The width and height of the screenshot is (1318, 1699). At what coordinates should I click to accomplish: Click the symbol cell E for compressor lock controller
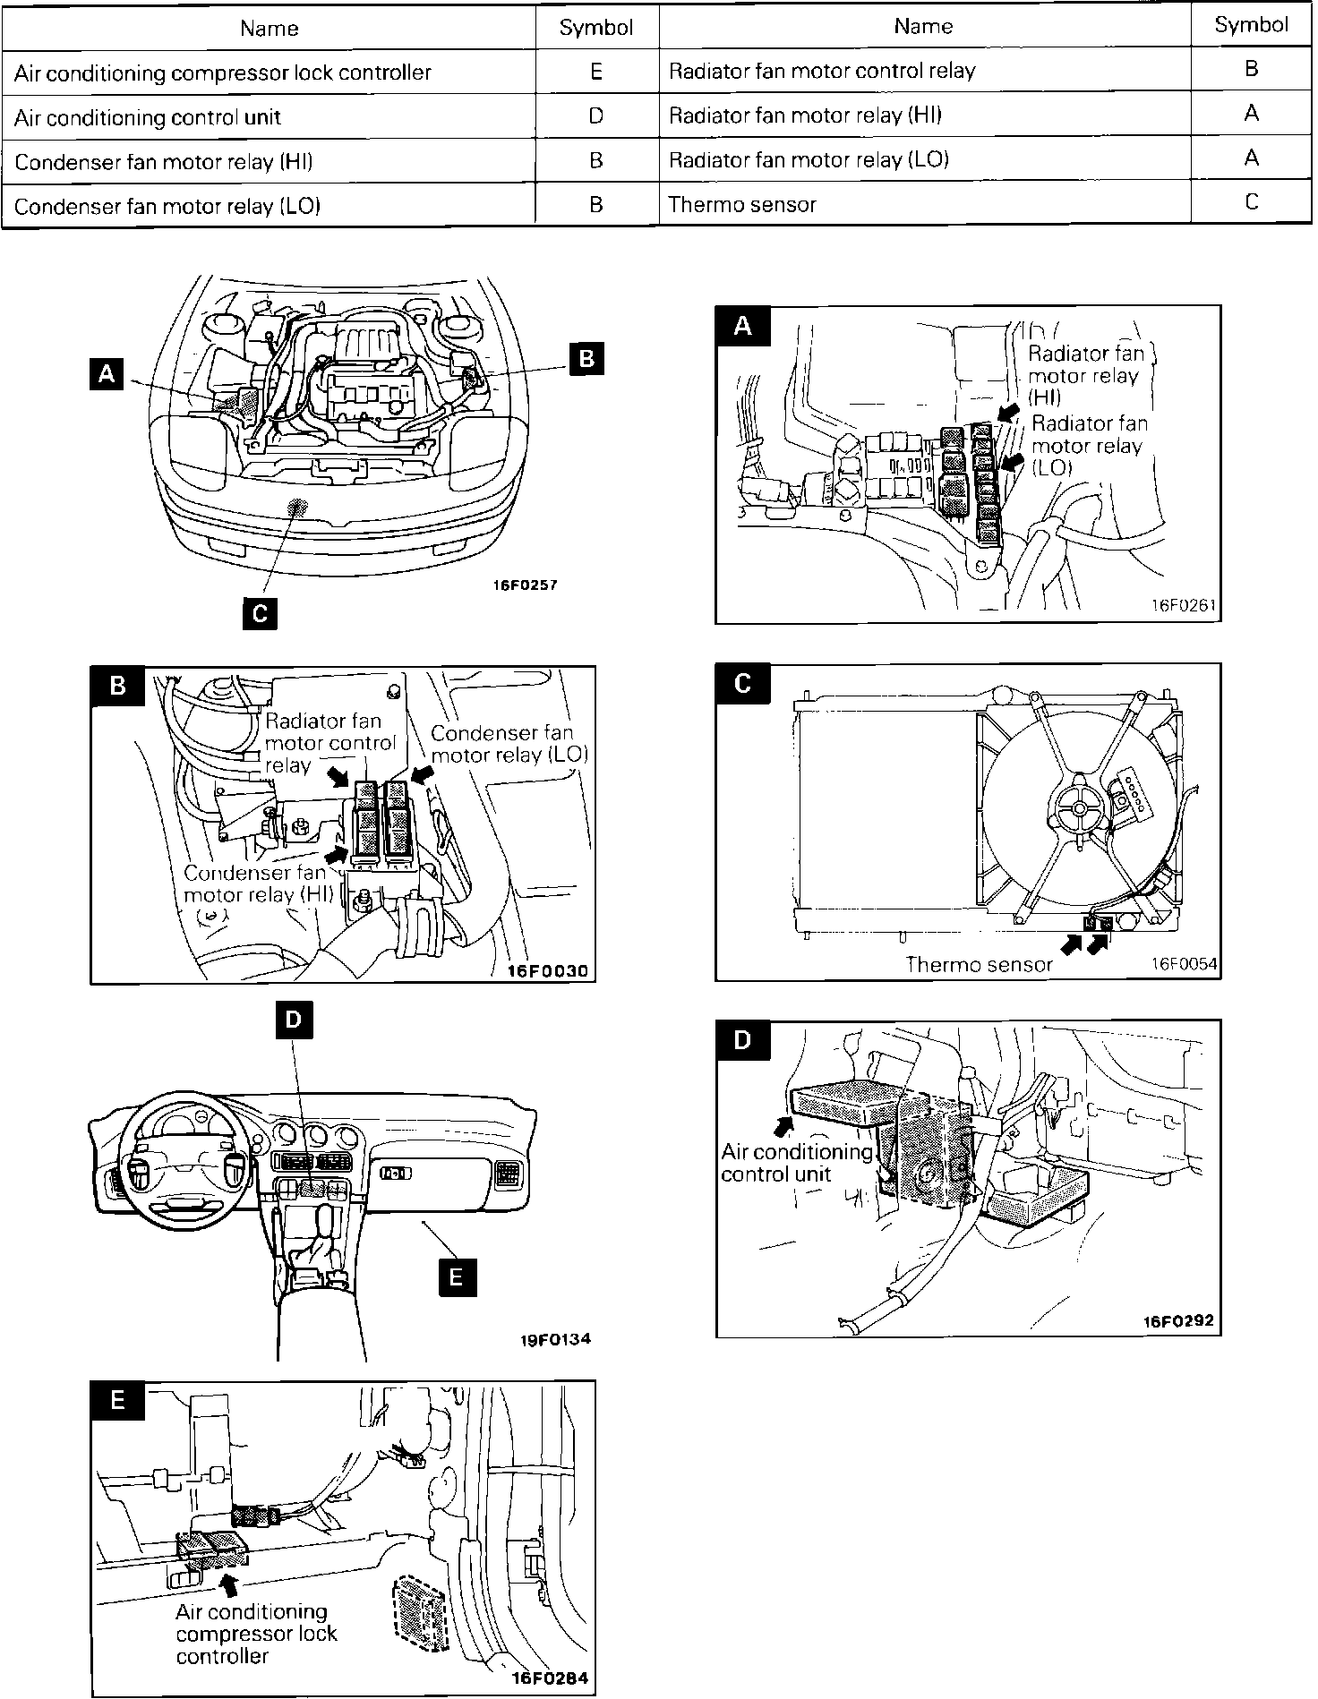point(596,73)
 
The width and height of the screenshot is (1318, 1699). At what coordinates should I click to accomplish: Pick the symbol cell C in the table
point(1251,202)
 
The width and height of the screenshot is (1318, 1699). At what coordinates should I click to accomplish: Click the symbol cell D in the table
point(596,116)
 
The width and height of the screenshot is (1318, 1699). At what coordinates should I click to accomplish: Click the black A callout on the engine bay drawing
point(107,372)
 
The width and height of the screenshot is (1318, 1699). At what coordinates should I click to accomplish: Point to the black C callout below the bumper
point(259,613)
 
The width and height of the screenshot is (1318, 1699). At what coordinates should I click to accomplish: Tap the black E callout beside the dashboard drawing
point(457,1276)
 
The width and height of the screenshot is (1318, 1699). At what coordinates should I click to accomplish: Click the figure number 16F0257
point(525,585)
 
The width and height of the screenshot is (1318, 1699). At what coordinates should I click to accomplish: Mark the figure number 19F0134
point(556,1340)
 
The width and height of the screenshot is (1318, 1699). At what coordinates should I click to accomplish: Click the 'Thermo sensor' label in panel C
point(980,964)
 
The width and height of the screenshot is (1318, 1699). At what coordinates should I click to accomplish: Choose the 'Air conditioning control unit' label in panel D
point(797,1163)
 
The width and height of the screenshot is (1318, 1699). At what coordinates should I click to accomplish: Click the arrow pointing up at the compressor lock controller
point(230,1584)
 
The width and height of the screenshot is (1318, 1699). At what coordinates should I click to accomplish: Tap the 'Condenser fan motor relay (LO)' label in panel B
point(509,744)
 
